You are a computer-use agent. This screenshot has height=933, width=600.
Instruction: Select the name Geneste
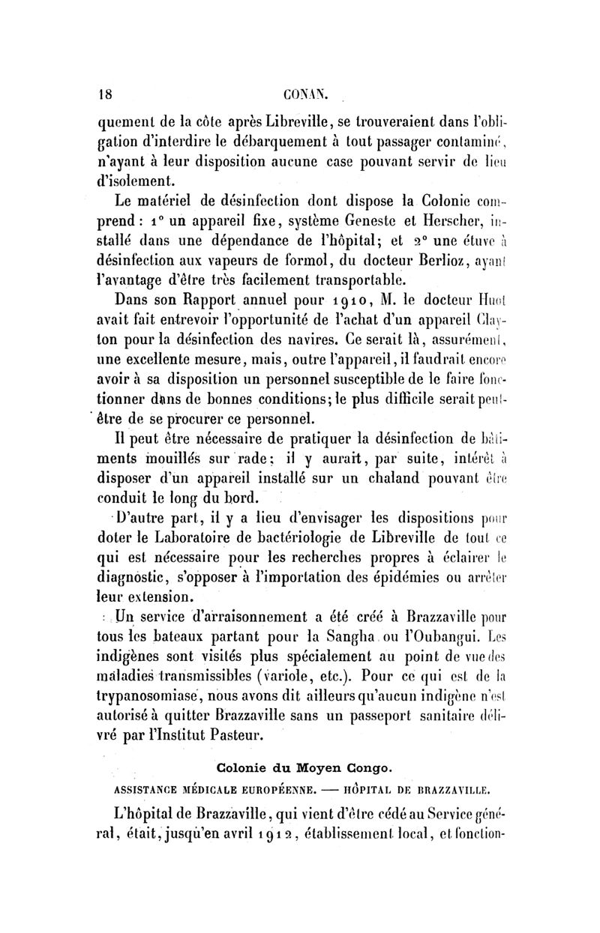click(x=362, y=223)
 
